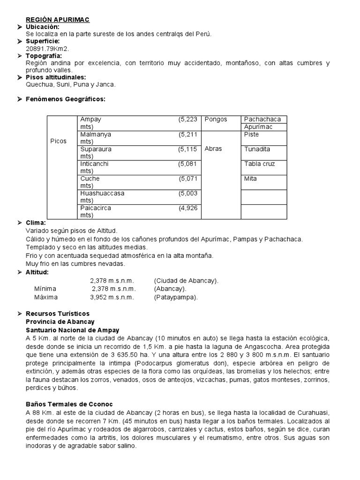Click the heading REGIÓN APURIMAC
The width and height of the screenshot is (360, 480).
pyautogui.click(x=57, y=19)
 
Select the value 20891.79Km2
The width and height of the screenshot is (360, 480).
pyautogui.click(x=47, y=48)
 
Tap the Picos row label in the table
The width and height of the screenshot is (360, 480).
pyautogui.click(x=58, y=141)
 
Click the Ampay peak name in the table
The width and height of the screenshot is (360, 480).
pyautogui.click(x=90, y=120)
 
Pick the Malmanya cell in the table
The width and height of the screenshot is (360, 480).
pyautogui.click(x=96, y=135)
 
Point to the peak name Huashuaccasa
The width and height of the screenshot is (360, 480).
pyautogui.click(x=102, y=193)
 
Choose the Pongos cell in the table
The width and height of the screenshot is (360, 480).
pyautogui.click(x=216, y=120)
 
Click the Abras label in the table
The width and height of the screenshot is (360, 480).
pyautogui.click(x=213, y=149)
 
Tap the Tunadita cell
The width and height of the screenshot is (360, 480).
pyautogui.click(x=257, y=149)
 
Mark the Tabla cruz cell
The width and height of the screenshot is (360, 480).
pyautogui.click(x=259, y=164)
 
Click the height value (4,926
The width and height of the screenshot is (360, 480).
pyautogui.click(x=187, y=208)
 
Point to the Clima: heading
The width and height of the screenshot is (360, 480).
pyautogui.click(x=36, y=223)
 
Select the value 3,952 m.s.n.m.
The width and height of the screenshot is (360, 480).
pyautogui.click(x=112, y=297)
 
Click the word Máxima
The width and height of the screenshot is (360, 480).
pyautogui.click(x=46, y=297)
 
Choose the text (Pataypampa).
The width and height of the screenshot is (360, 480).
pyautogui.click(x=176, y=297)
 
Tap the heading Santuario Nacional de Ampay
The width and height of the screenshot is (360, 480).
pyautogui.click(x=73, y=330)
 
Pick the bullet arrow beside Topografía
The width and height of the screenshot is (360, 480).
pyautogui.click(x=20, y=56)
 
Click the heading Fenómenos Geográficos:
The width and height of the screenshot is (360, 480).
pyautogui.click(x=66, y=99)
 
